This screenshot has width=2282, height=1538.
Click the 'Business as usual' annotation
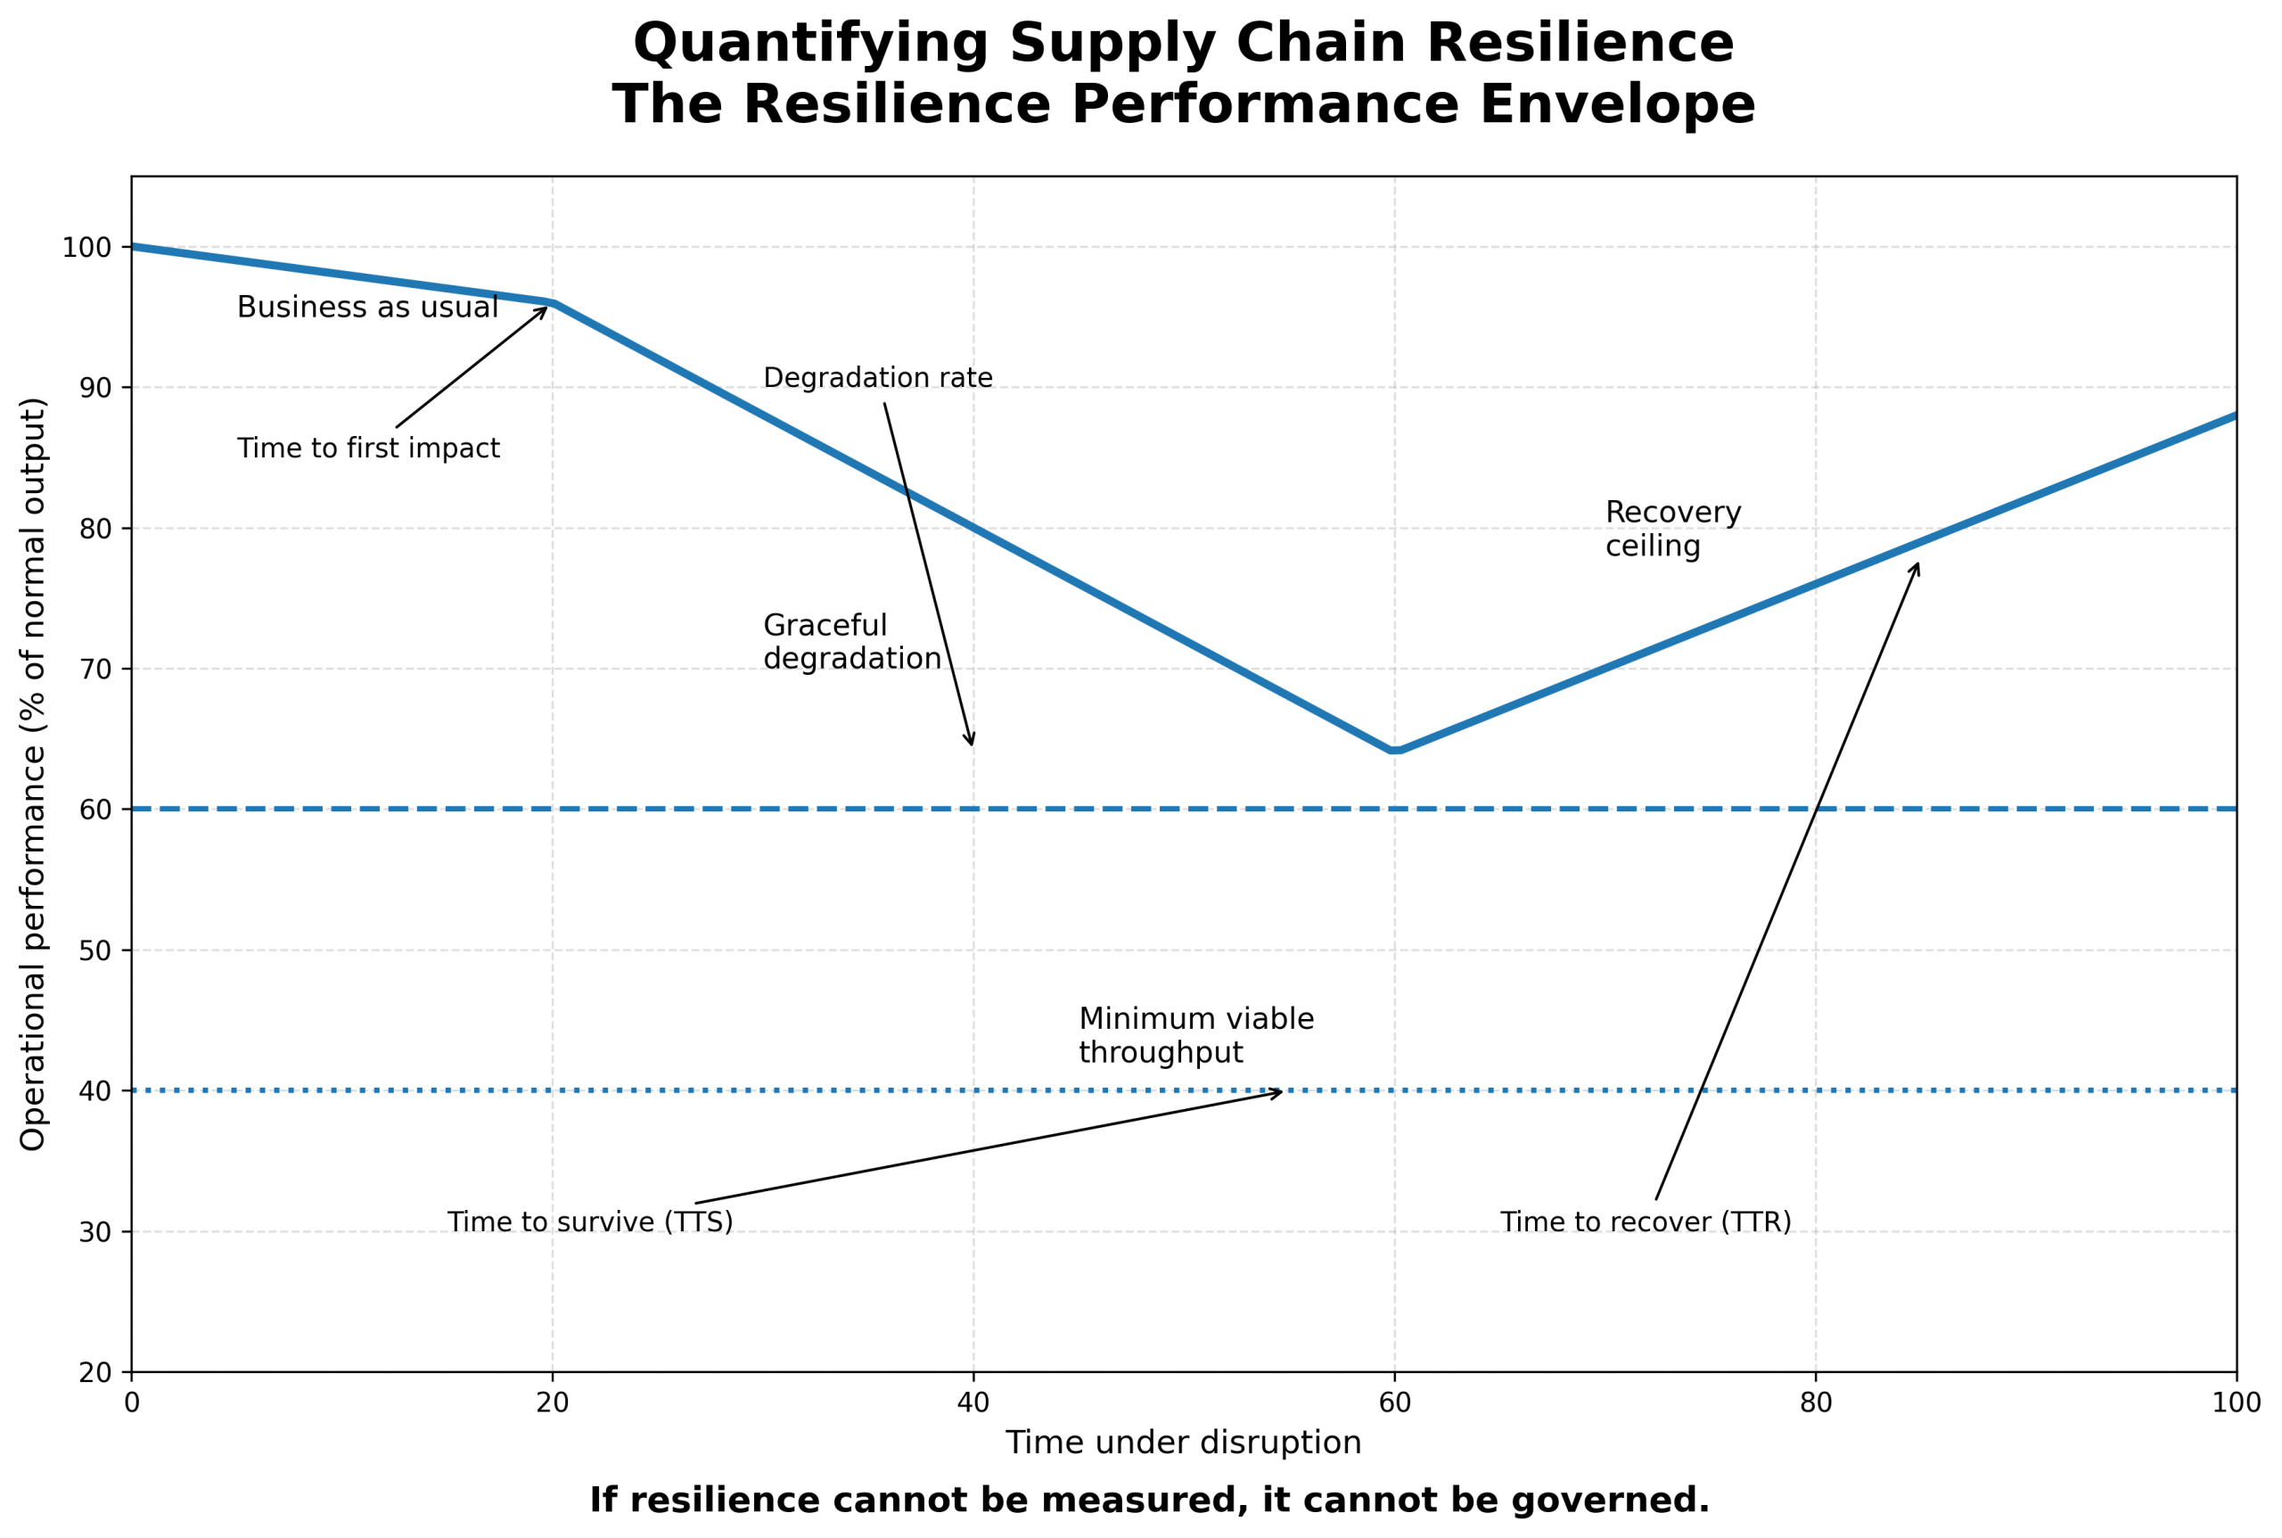point(368,307)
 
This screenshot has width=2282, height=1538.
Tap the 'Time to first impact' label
point(368,448)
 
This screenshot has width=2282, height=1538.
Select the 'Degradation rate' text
point(878,378)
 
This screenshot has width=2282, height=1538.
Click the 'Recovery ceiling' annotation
point(1672,529)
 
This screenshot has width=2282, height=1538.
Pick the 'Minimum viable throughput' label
point(1195,1035)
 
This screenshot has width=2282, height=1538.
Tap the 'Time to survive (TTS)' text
point(589,1222)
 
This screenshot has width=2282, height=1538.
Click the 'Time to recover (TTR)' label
point(1645,1222)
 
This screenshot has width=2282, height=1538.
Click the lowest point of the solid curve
point(1395,751)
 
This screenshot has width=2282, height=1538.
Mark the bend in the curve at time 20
point(552,303)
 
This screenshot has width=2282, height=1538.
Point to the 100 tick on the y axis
point(86,247)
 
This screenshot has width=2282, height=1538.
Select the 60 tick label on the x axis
point(1394,1402)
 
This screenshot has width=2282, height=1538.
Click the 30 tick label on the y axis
point(95,1232)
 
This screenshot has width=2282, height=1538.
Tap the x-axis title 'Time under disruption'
point(1183,1443)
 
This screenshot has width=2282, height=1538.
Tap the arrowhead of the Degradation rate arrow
point(971,744)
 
